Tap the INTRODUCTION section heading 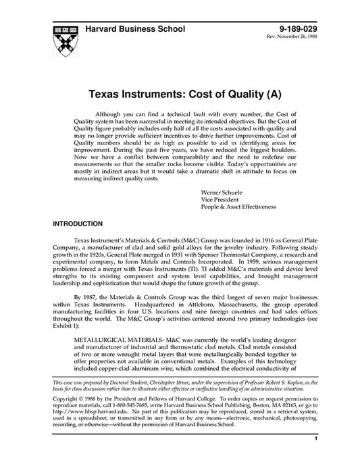pyautogui.click(x=78, y=223)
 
